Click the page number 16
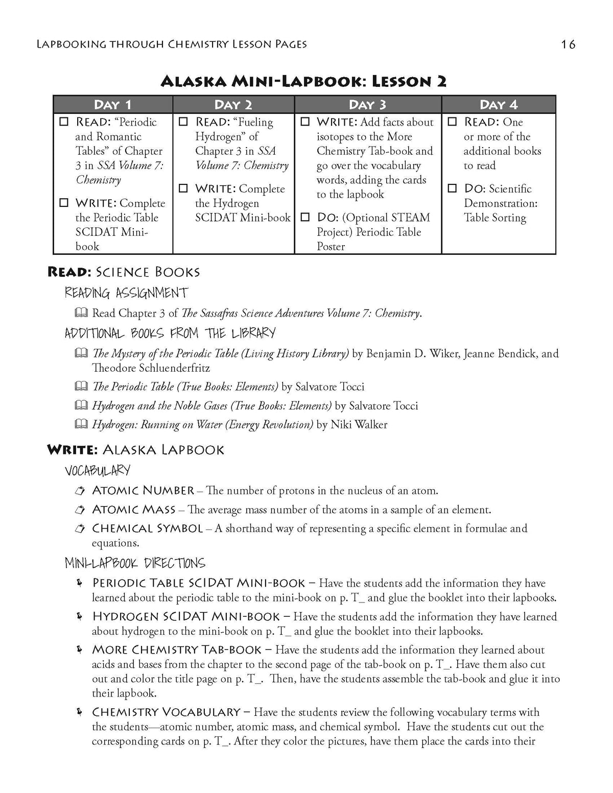coord(568,44)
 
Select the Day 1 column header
coord(113,105)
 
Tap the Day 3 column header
coord(368,105)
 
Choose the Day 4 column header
coord(499,105)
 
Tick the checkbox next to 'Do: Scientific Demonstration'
coord(452,189)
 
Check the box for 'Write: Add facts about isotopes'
coord(305,123)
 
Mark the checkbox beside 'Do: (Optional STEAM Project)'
coord(305,218)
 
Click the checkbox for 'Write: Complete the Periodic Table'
coord(64,203)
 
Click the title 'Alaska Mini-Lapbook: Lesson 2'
coord(303,81)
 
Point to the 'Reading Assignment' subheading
coord(126,293)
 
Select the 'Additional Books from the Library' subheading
coord(170,333)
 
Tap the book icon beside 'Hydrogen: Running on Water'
coord(81,424)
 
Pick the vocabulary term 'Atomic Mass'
coord(133,510)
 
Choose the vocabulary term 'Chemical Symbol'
coord(147,528)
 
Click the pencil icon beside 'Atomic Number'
coord(80,491)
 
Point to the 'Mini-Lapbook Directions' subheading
coord(135,563)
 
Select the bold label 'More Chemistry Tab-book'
coord(177,650)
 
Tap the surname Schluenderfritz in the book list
coord(151,368)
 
